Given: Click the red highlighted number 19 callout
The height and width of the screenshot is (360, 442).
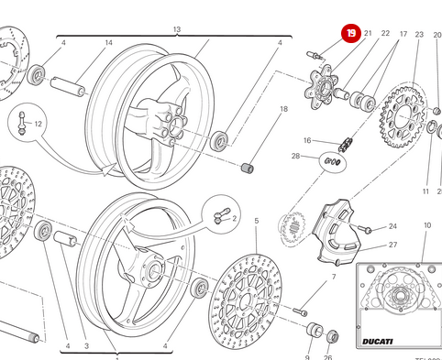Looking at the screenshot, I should pyautogui.click(x=352, y=34).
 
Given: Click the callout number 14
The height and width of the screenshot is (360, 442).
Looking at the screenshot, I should pyautogui.click(x=108, y=43).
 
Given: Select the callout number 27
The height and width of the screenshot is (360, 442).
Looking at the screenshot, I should pyautogui.click(x=392, y=245).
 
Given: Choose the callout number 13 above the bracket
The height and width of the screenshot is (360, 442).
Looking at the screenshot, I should pyautogui.click(x=176, y=30).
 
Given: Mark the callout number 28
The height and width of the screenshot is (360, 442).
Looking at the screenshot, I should pyautogui.click(x=296, y=157).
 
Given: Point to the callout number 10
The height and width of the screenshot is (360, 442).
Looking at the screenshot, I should pyautogui.click(x=426, y=225).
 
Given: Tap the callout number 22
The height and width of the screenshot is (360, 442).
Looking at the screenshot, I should pyautogui.click(x=385, y=34).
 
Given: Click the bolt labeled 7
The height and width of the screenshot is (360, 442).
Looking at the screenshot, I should pyautogui.click(x=302, y=311).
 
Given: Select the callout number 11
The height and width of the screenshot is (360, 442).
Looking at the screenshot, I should pyautogui.click(x=426, y=192).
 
